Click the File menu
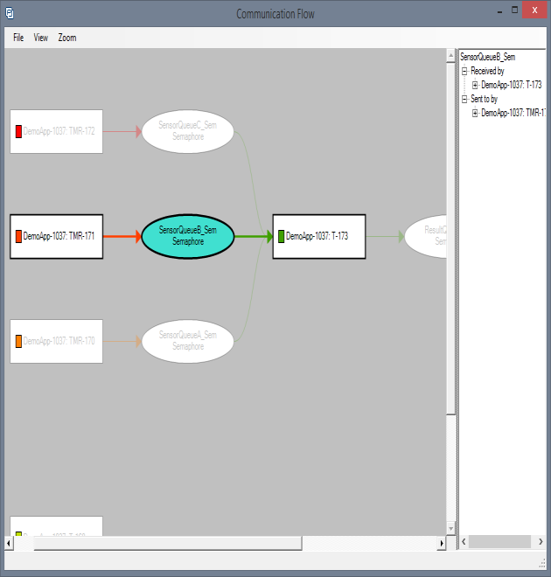(18, 38)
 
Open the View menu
(41, 38)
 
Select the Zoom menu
(67, 38)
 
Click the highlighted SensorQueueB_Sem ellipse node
(188, 236)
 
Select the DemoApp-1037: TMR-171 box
(57, 236)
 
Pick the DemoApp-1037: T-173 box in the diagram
(319, 236)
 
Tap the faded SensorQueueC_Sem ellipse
(188, 131)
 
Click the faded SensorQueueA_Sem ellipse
(188, 341)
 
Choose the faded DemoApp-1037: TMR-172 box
(57, 131)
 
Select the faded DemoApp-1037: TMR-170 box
(57, 341)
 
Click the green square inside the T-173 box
(282, 236)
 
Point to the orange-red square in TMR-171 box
(18, 236)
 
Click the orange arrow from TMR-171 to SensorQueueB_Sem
(122, 236)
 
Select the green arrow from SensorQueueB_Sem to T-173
(253, 236)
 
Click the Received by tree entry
(487, 71)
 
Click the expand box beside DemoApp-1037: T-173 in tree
(475, 85)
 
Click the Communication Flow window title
(275, 13)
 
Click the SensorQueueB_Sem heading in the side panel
(487, 57)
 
